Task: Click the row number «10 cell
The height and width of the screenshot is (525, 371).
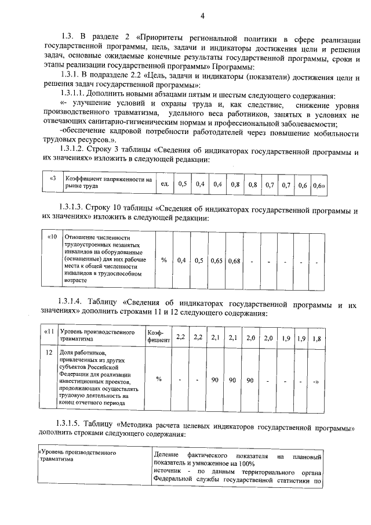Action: tap(51, 237)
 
